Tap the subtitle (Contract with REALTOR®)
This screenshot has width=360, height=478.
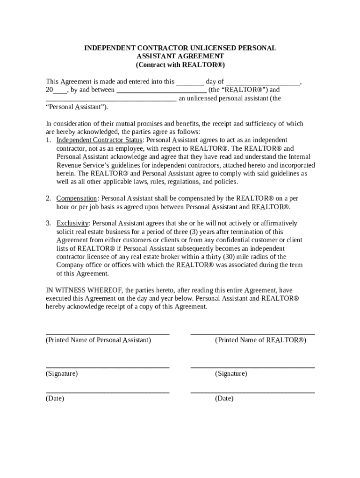tap(180, 65)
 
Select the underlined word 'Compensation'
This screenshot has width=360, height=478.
tap(77, 198)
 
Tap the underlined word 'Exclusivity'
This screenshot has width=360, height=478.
tap(72, 224)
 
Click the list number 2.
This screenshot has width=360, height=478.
tap(48, 198)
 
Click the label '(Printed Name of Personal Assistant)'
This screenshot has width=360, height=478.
tap(98, 340)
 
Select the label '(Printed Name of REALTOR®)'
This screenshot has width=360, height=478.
tap(260, 340)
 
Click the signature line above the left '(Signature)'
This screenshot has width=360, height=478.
tap(108, 368)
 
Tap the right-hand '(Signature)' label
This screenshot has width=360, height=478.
tap(231, 374)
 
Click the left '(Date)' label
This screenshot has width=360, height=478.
tap(55, 399)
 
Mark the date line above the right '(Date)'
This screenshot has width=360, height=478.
tap(252, 393)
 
